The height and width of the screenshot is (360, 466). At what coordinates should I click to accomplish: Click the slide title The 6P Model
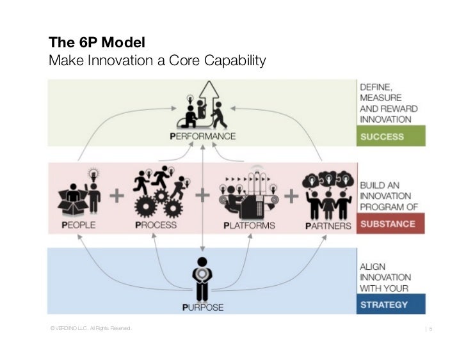pyautogui.click(x=97, y=44)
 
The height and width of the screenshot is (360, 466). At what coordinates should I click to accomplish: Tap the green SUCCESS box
pyautogui.click(x=390, y=136)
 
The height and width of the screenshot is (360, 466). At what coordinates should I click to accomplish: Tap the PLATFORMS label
pyautogui.click(x=249, y=225)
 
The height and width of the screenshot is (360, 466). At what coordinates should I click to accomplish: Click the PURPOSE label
pyautogui.click(x=203, y=308)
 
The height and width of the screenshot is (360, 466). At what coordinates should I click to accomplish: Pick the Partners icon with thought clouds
pyautogui.click(x=326, y=192)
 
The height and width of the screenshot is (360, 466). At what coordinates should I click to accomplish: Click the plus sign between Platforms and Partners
pyautogui.click(x=290, y=196)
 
